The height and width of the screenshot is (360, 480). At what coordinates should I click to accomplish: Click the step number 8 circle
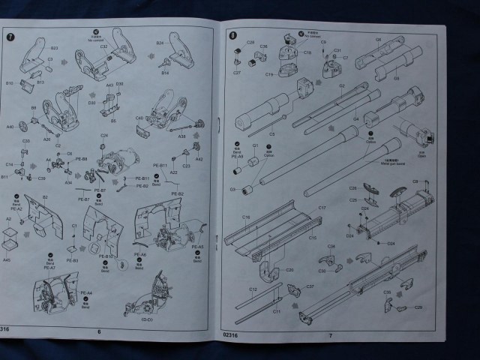234,34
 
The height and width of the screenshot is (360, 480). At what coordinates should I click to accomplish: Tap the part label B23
55,46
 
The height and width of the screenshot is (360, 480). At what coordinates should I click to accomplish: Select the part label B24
160,43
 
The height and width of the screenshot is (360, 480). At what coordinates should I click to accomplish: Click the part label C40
139,118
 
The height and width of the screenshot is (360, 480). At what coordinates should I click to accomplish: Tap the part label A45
7,259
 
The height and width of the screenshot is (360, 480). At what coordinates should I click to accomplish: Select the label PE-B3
73,260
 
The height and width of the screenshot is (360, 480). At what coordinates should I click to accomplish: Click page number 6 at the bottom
98,331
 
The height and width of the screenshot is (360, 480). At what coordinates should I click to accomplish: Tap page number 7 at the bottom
330,335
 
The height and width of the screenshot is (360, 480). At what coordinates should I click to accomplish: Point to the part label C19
268,74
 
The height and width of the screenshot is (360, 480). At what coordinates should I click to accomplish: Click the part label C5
272,133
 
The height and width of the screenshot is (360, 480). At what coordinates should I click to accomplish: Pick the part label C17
321,207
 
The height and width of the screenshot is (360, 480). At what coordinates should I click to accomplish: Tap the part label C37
310,286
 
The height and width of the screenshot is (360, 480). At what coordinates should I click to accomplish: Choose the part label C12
253,289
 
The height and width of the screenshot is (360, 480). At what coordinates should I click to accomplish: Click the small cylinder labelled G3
245,189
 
